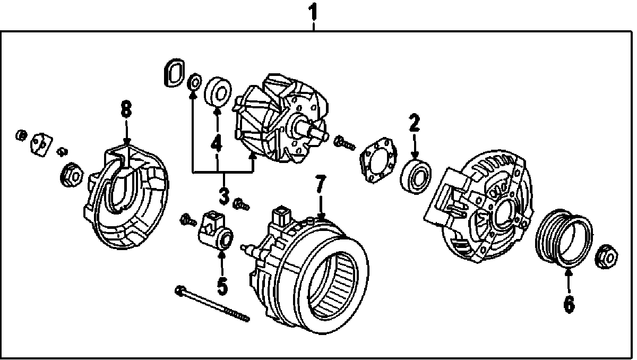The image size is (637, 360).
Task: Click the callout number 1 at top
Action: point(314,11)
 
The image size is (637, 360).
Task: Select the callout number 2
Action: point(414,123)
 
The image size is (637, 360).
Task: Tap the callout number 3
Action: point(223,196)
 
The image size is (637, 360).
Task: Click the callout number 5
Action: point(222,286)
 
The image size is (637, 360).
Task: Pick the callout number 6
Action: point(569,304)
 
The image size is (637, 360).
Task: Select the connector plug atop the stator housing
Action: point(280,218)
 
